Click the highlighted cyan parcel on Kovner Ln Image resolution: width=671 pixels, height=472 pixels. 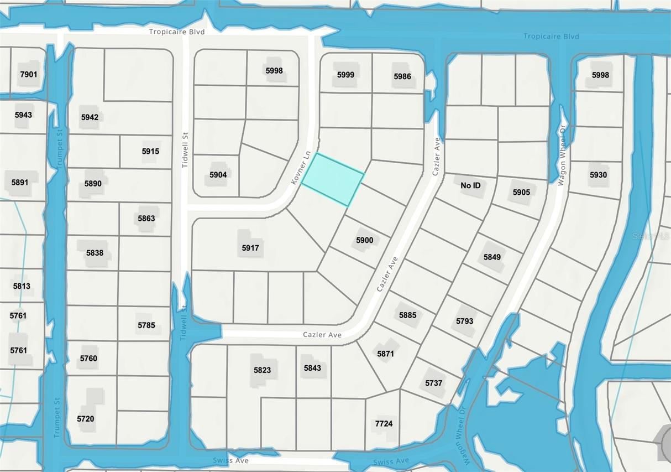(333, 179)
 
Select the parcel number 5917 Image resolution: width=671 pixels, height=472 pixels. (250, 248)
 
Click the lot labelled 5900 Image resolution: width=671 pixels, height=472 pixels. (364, 240)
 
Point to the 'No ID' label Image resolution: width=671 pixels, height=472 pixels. (470, 185)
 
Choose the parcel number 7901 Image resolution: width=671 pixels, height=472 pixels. (29, 74)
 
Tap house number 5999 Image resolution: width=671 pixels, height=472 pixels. (345, 75)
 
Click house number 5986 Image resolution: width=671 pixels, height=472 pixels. (402, 76)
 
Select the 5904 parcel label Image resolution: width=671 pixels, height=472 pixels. (218, 175)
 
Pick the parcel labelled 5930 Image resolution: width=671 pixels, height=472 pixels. (598, 175)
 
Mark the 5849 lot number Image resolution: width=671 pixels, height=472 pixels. (492, 257)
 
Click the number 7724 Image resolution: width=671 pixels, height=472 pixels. (384, 424)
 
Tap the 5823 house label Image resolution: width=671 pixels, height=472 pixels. (262, 370)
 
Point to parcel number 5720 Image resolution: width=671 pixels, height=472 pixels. (86, 419)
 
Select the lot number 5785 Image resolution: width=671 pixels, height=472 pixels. (146, 325)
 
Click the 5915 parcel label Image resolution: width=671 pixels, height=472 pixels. (150, 151)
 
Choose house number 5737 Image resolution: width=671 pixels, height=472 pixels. (434, 383)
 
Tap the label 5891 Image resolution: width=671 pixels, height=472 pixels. (20, 182)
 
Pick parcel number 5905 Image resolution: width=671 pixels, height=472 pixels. (521, 193)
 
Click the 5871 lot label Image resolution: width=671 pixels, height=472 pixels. (385, 354)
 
